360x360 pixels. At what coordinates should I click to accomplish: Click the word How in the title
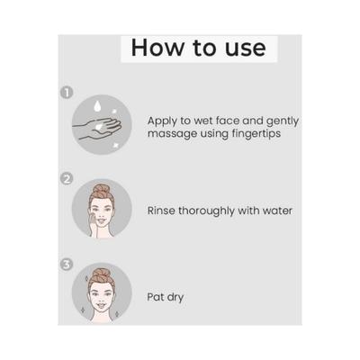pos(157,48)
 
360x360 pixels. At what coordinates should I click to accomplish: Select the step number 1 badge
pos(67,93)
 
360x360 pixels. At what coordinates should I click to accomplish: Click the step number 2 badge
pos(67,179)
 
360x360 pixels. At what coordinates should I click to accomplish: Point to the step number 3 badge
pos(67,265)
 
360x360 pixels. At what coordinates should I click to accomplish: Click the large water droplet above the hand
pos(97,106)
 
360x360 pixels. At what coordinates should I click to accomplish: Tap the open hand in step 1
pos(97,129)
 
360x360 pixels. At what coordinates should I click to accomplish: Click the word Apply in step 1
pos(162,121)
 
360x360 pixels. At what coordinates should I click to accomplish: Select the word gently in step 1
pos(283,121)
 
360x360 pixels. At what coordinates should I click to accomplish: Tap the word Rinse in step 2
pos(161,211)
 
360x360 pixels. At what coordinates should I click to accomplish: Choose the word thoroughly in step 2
pos(207,211)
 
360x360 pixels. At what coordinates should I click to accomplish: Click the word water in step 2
pos(277,211)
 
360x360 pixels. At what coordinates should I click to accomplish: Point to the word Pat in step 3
pos(156,297)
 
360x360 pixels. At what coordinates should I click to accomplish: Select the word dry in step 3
pos(175,298)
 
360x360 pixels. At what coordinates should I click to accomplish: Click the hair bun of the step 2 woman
pos(101,190)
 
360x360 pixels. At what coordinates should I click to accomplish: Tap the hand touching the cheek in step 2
pos(94,225)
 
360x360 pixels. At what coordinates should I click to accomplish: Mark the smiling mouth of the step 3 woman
pos(102,306)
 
